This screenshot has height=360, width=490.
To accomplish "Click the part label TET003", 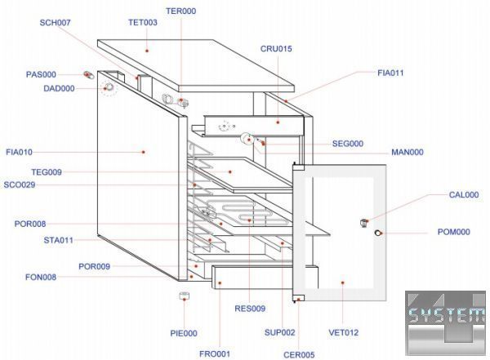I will click(x=143, y=23).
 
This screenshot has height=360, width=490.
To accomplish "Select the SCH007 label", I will click(x=55, y=22).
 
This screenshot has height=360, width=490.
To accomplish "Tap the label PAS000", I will click(x=41, y=74).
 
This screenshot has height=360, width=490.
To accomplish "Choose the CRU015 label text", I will click(x=276, y=49).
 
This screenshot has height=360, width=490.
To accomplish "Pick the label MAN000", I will click(x=407, y=152).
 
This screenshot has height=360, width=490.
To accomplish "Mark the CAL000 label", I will click(x=464, y=195).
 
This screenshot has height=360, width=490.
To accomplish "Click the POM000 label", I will click(x=454, y=232).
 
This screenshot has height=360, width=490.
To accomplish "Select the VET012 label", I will click(x=344, y=332).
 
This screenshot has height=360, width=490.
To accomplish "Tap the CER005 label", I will click(x=299, y=355).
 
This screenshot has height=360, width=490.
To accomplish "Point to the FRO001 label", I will click(x=215, y=353).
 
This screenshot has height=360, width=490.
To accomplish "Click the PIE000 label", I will click(x=183, y=333).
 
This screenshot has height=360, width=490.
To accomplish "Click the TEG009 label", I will click(x=47, y=172).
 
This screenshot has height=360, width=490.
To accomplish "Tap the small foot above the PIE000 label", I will click(x=185, y=296).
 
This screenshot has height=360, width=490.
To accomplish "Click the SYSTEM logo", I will click(x=446, y=318).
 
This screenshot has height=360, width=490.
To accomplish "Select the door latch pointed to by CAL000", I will click(x=365, y=223).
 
